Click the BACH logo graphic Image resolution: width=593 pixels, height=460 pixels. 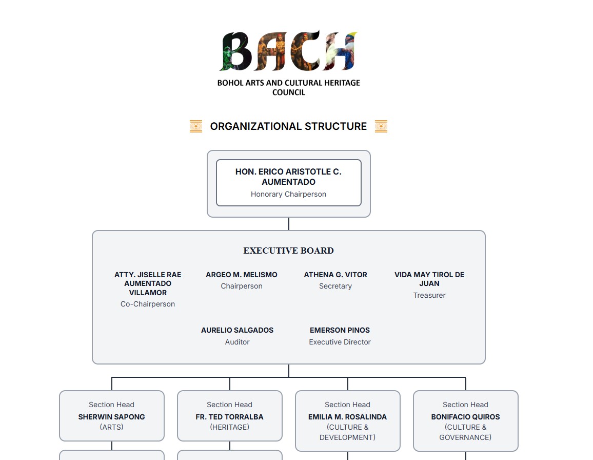[288, 51]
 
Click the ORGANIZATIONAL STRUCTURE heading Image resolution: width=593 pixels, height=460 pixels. [288, 126]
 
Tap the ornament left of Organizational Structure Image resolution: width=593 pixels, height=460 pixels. [195, 126]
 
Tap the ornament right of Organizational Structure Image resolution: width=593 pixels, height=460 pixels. [381, 126]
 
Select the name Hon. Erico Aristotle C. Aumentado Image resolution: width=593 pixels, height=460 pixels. [288, 177]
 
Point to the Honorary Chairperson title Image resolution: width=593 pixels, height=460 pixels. [288, 194]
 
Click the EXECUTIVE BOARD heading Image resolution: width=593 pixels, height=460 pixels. [288, 251]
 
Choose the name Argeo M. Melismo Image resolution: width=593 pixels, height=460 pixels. [242, 275]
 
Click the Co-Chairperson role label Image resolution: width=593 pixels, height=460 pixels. [148, 304]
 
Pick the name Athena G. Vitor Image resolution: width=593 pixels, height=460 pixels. [335, 275]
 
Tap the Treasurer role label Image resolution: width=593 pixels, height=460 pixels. [429, 295]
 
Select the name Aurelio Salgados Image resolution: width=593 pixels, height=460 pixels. [237, 330]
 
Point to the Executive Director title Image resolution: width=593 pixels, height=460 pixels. [340, 342]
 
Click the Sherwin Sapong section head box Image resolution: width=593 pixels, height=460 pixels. [112, 416]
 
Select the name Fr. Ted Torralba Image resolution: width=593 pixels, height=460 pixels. [230, 417]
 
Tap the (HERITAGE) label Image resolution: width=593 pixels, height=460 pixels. [230, 427]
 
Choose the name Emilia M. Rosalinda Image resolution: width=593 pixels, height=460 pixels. [348, 417]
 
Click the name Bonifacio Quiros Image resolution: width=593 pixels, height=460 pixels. [466, 417]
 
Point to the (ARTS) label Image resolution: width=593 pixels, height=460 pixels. [112, 427]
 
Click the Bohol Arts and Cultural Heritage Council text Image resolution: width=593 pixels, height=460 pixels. [288, 87]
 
